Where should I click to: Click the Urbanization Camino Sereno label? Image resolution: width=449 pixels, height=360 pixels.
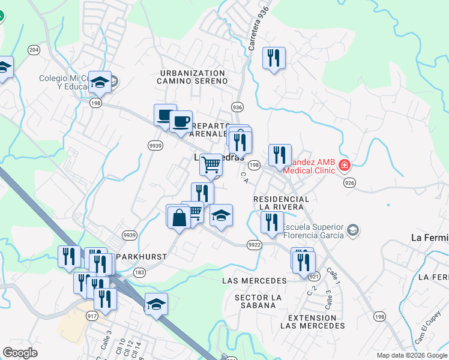[192, 77]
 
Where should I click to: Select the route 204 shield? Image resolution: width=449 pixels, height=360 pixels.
[34, 50]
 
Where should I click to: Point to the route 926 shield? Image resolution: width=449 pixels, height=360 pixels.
[348, 182]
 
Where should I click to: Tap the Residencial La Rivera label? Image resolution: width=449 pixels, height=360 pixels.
[282, 203]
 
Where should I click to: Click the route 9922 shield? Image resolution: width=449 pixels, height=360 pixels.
[254, 244]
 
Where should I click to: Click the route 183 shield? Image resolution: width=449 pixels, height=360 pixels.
[140, 272]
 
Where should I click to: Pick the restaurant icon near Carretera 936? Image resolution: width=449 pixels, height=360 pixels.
[274, 58]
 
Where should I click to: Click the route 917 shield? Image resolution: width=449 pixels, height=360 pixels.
[92, 316]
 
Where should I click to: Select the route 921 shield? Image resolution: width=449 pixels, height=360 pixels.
[313, 276]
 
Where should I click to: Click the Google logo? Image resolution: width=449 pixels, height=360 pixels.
[20, 353]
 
